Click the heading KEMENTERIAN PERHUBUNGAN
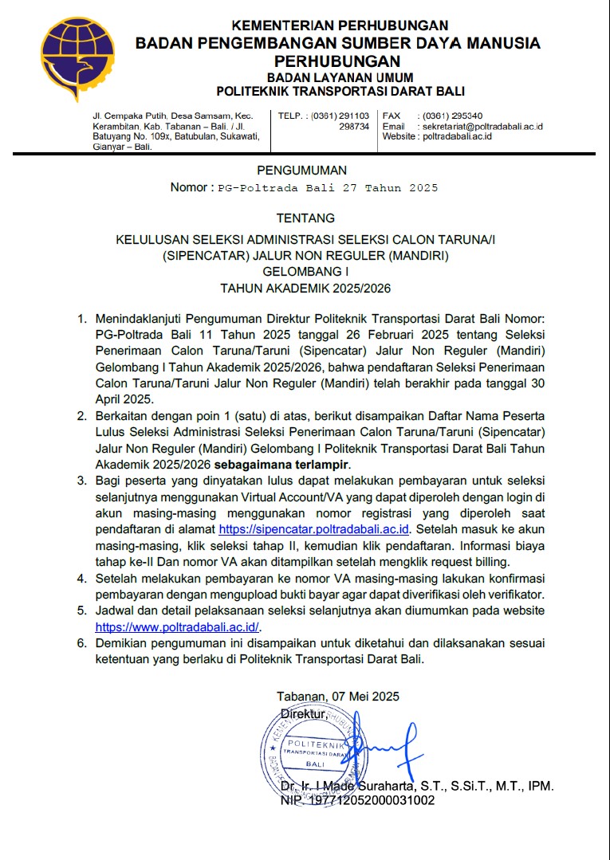[x=339, y=26]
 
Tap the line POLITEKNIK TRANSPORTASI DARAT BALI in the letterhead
[x=340, y=92]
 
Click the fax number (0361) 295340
[x=452, y=116]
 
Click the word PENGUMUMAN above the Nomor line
[x=302, y=170]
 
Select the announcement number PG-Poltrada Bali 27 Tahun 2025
[x=328, y=188]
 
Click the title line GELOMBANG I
[x=305, y=271]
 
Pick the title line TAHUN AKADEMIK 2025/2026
[x=305, y=288]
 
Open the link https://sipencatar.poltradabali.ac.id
[x=313, y=528]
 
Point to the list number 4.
[x=81, y=578]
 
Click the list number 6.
[x=81, y=643]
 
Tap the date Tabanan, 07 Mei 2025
[x=338, y=696]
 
